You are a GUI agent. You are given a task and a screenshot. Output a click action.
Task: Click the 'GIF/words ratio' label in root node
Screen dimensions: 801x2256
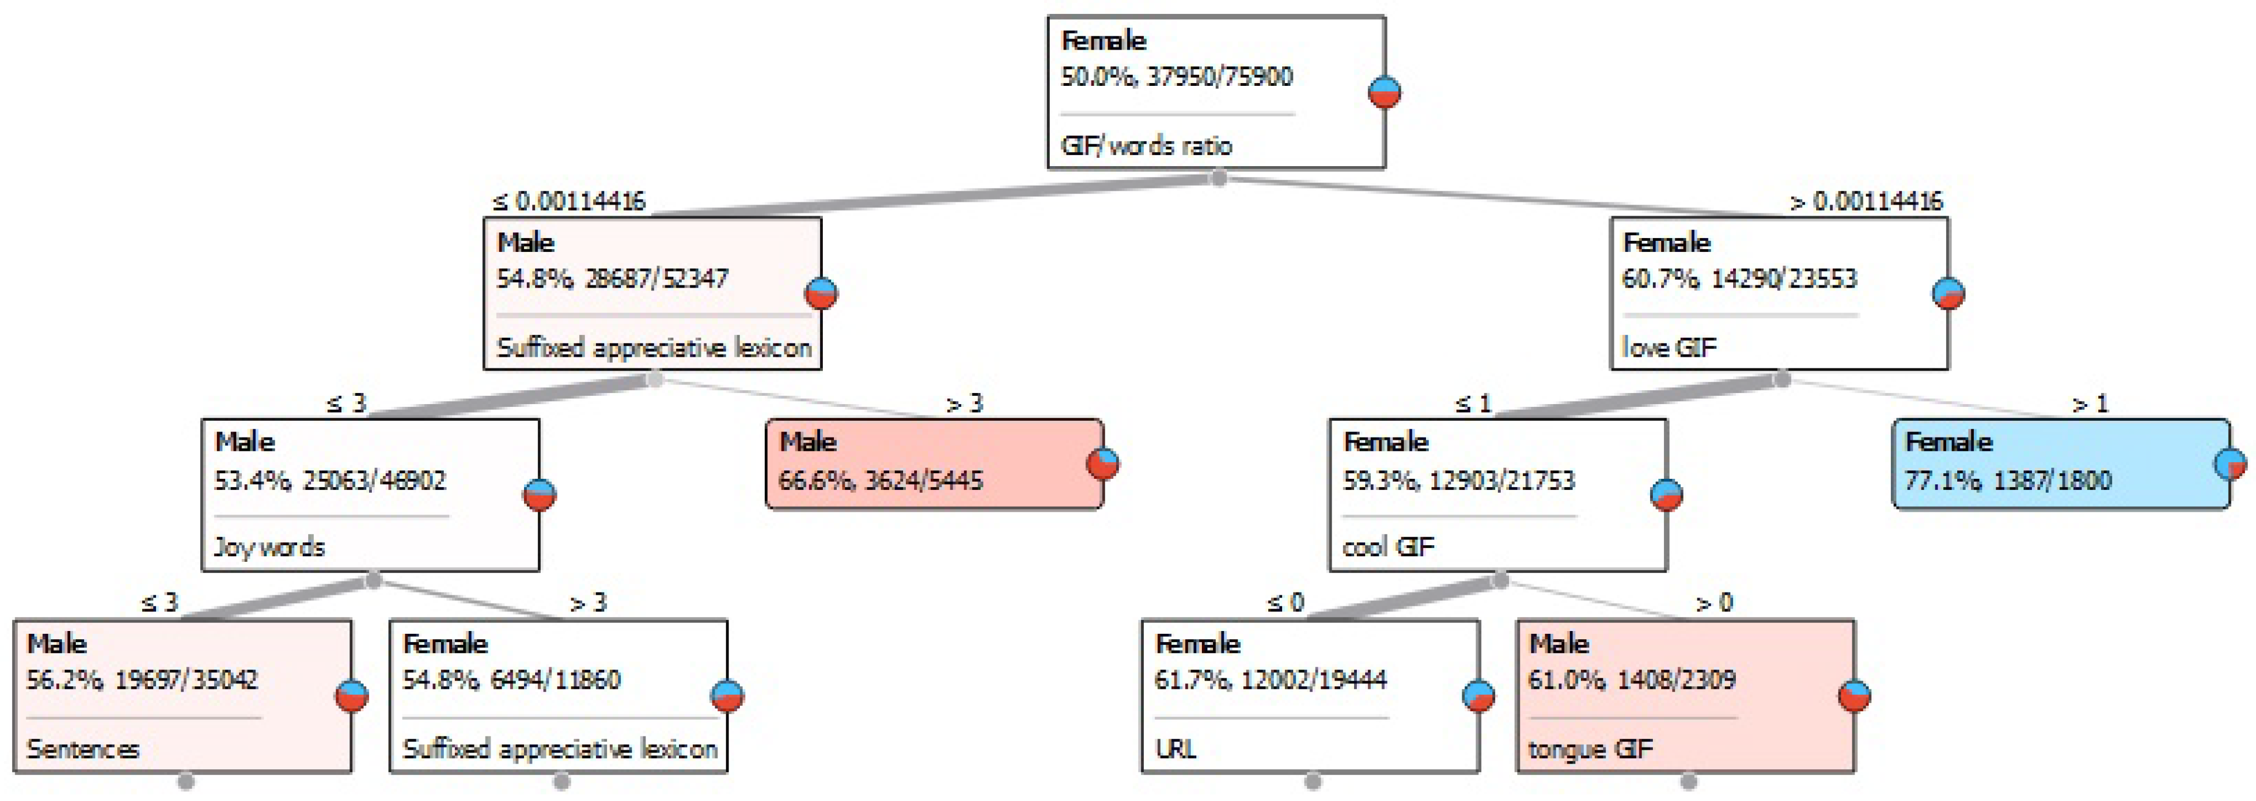1146,145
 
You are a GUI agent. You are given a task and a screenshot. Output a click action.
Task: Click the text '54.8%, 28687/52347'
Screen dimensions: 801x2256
612,278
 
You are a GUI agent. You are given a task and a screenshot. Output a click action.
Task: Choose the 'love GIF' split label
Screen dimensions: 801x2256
1669,347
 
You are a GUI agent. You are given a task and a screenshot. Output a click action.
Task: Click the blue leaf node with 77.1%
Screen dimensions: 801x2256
2061,464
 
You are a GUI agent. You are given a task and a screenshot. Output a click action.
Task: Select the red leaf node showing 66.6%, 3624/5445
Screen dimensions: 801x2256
934,464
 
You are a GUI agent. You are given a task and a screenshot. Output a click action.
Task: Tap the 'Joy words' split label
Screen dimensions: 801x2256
270,547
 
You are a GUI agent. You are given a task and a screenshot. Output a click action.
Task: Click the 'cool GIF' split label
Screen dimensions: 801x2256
1388,547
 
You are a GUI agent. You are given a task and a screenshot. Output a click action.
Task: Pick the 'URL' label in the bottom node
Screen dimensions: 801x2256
1175,749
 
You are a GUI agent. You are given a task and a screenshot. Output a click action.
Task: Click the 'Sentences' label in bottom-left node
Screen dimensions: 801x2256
83,749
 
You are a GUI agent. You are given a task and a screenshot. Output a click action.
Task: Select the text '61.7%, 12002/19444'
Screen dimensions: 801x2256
1270,680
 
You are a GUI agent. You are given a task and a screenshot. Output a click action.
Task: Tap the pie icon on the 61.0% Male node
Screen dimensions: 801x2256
1854,696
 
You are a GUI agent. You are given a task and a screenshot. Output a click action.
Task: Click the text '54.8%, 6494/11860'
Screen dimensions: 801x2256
511,680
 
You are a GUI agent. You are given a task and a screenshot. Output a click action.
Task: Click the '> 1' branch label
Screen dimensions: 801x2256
2090,404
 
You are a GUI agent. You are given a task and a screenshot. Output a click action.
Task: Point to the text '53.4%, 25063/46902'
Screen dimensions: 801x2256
330,480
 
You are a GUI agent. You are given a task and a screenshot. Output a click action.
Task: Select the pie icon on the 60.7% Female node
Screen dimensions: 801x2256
1948,293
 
